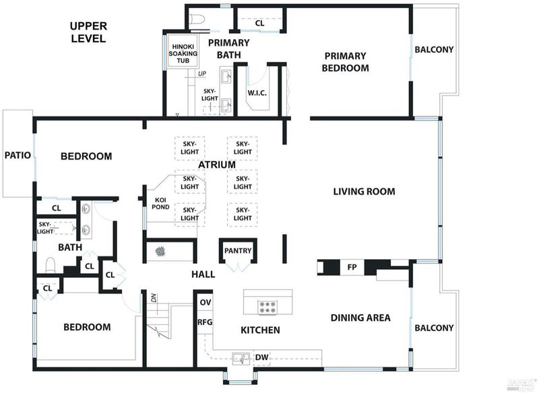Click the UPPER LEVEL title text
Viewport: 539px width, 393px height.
(89, 32)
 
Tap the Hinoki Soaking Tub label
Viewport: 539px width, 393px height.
(183, 54)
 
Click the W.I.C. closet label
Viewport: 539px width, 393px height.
(257, 93)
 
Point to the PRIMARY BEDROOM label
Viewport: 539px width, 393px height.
(345, 62)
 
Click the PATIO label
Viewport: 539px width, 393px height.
(18, 155)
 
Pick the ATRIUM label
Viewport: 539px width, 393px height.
(217, 164)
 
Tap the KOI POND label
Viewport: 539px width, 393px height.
(160, 203)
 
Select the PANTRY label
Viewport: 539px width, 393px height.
(238, 250)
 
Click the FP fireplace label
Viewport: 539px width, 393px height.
(352, 267)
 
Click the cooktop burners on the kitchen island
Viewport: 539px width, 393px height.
(267, 307)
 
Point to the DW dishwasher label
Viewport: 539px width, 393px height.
(261, 357)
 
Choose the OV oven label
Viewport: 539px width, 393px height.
(205, 302)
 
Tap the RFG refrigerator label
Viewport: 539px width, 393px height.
(205, 322)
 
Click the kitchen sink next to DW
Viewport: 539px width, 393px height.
(242, 358)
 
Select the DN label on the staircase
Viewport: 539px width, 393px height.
(154, 298)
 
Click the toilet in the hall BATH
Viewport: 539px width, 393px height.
(51, 265)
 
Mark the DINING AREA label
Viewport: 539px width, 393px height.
(360, 318)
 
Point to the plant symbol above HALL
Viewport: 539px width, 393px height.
(160, 252)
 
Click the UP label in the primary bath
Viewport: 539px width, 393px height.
(201, 73)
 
